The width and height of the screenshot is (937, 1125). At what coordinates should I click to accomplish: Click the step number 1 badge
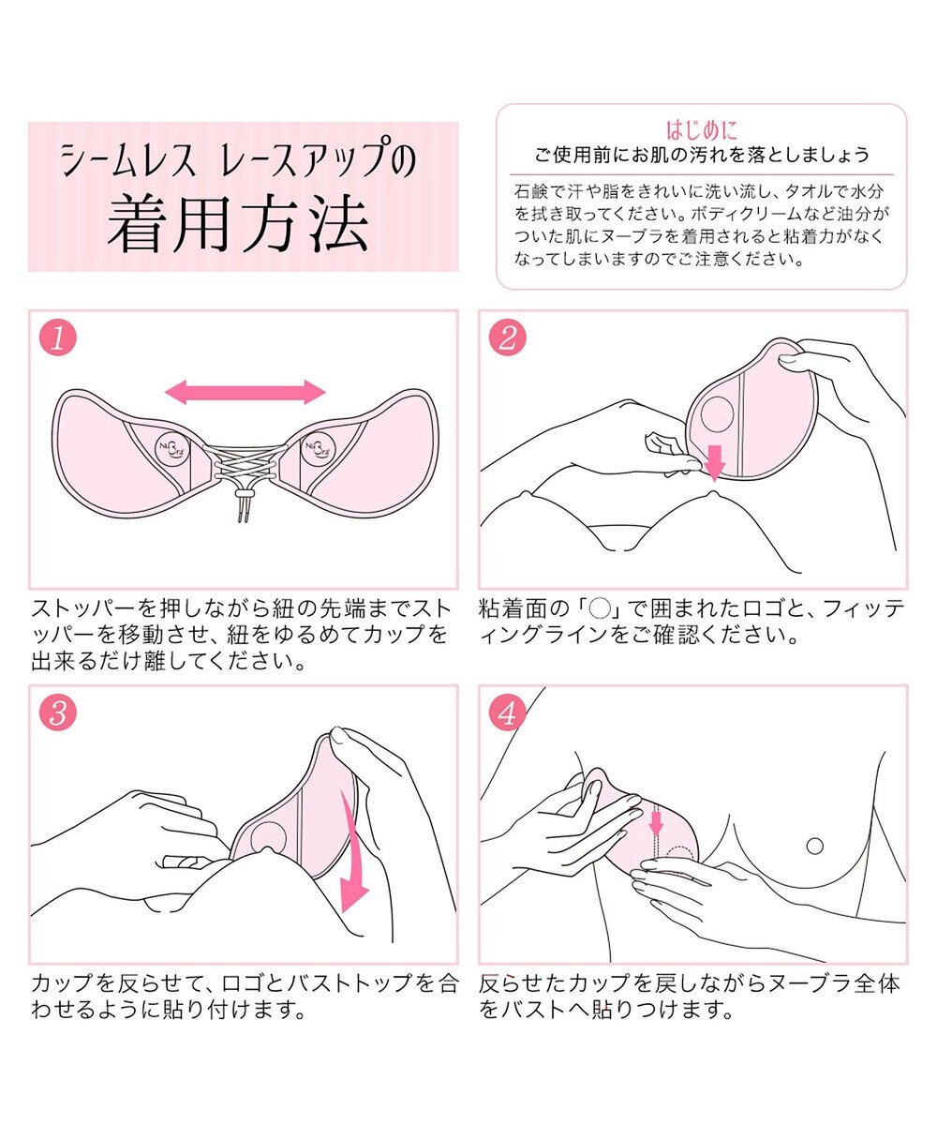57,339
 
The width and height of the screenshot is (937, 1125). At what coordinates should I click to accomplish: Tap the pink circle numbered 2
507,339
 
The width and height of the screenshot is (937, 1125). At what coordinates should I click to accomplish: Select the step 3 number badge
57,714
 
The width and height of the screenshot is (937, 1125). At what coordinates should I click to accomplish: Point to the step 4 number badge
507,714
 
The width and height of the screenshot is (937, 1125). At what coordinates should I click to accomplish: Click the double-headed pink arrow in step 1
245,392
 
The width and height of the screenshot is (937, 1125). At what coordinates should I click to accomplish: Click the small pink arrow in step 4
656,820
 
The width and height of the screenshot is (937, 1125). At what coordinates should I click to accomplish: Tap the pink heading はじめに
701,129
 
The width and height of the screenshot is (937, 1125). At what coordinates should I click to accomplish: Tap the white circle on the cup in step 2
719,410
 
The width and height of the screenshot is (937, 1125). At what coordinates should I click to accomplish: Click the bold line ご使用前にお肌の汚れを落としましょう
701,155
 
